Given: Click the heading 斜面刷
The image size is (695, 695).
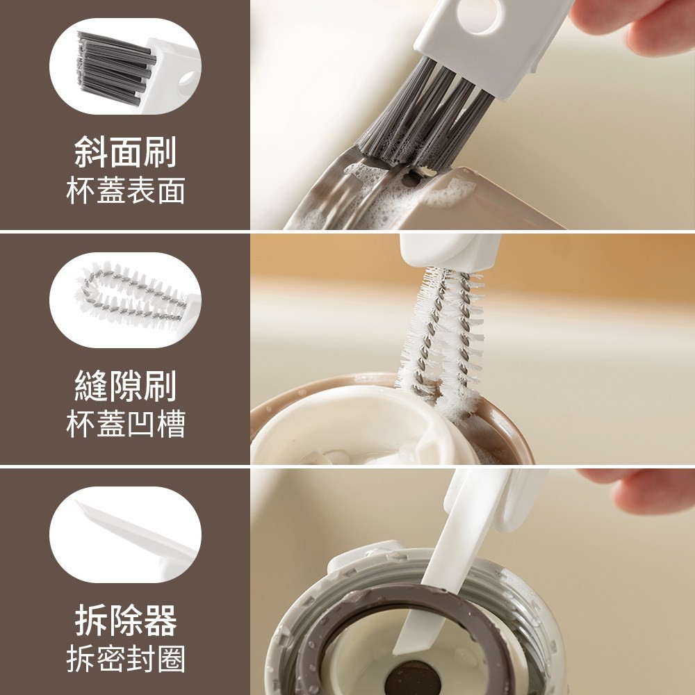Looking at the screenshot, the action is coord(125,152).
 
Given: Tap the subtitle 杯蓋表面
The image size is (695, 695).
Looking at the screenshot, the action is coord(125,191).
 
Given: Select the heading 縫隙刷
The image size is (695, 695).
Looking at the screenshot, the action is coord(125,386).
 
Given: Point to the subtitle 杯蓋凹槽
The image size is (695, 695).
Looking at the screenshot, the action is coord(125,424).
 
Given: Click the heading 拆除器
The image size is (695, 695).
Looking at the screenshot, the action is coord(125,620).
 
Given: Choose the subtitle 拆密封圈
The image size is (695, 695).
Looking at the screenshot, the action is coord(125,659).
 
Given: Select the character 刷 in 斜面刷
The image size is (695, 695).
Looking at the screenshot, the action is coord(161,152).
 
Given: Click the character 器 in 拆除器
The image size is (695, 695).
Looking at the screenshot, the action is coord(161,620).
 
